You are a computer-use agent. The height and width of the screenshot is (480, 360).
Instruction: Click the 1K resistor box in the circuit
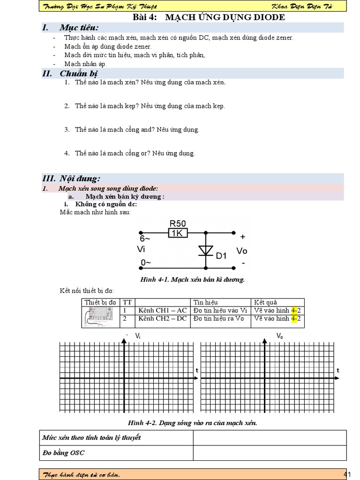pyautogui.click(x=178, y=233)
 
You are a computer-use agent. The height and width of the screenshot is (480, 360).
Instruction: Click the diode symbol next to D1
pyautogui.click(x=205, y=251)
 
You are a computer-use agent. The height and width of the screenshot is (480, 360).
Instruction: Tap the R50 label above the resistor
pyautogui.click(x=178, y=223)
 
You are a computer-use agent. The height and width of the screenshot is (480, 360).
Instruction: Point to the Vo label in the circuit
pyautogui.click(x=242, y=251)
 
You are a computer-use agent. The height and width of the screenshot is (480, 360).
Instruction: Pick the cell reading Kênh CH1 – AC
pyautogui.click(x=162, y=310)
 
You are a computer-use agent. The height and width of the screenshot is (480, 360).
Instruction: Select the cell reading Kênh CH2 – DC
pyautogui.click(x=162, y=319)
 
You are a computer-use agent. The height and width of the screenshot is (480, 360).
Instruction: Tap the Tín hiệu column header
pyautogui.click(x=206, y=302)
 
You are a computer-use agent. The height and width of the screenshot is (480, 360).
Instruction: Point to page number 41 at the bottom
pyautogui.click(x=347, y=474)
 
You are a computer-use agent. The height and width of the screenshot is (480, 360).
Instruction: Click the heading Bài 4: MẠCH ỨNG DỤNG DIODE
pyautogui.click(x=209, y=17)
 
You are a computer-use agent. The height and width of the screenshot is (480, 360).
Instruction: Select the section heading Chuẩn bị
pyautogui.click(x=77, y=73)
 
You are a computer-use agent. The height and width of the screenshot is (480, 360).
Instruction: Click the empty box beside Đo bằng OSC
pyautogui.click(x=270, y=453)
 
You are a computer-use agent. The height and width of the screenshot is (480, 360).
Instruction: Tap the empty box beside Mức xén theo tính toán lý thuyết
pyautogui.click(x=270, y=438)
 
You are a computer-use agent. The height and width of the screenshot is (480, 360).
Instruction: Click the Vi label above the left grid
pyautogui.click(x=138, y=336)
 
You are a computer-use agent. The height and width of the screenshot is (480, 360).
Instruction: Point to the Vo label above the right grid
pyautogui.click(x=280, y=336)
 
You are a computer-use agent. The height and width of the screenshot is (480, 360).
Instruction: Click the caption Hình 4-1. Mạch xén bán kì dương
pyautogui.click(x=193, y=279)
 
